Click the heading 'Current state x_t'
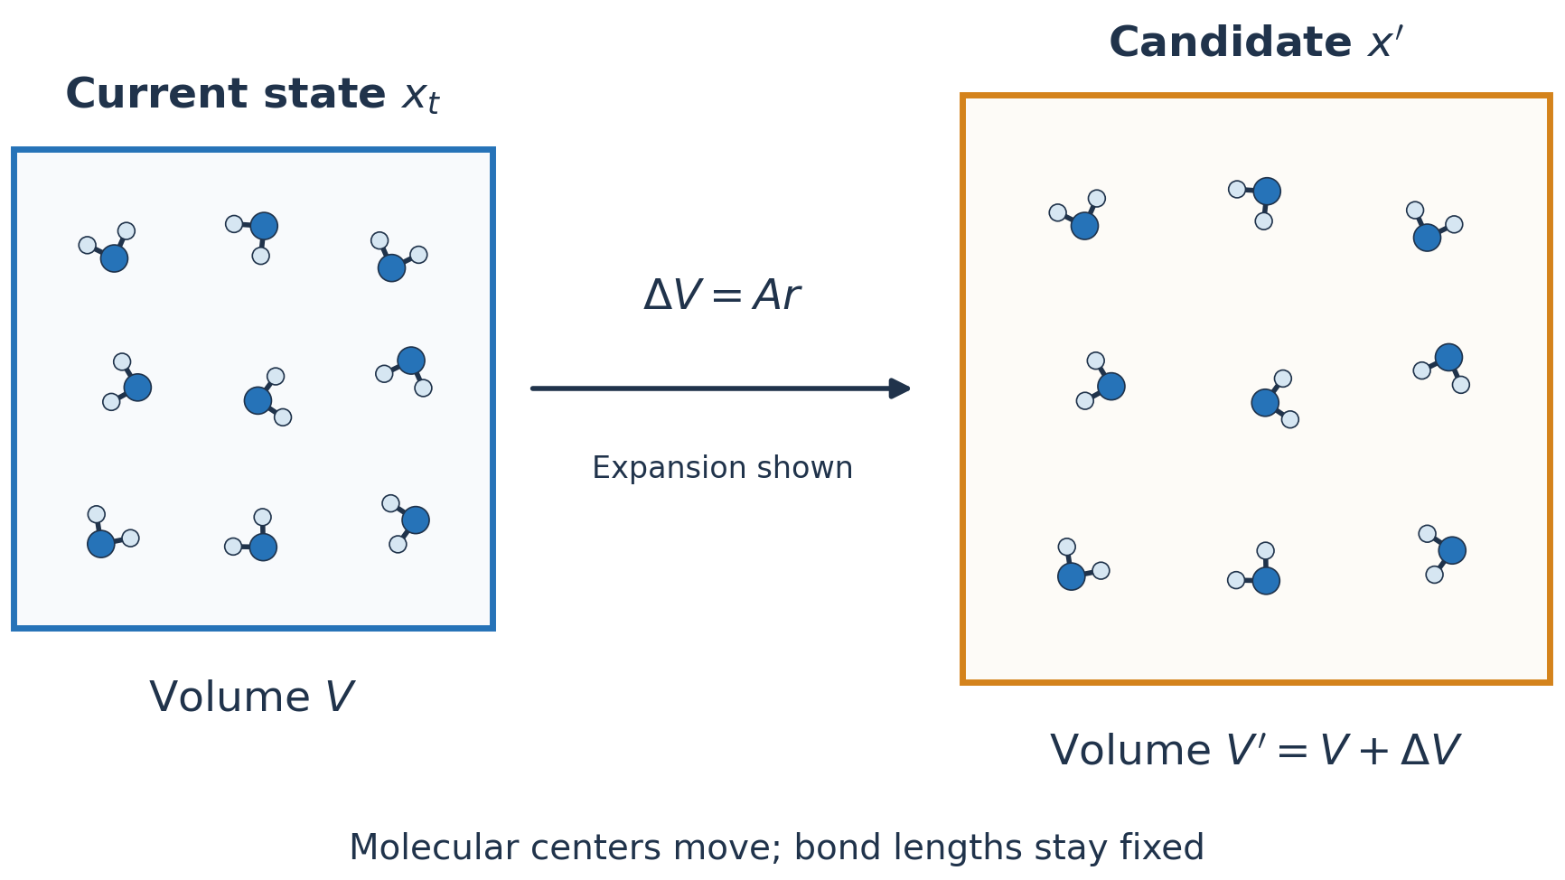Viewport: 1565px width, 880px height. (253, 96)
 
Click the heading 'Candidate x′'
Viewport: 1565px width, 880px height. (1256, 42)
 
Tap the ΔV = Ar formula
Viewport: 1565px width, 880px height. (722, 295)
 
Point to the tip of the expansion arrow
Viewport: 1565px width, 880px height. (911, 389)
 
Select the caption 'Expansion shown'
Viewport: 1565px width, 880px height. (722, 468)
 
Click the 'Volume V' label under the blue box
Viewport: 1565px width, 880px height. (252, 697)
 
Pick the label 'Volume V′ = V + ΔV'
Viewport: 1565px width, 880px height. (1256, 751)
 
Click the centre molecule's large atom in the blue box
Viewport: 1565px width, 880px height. (258, 400)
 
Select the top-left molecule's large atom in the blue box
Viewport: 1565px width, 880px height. (114, 258)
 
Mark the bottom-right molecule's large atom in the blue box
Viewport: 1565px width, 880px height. (416, 520)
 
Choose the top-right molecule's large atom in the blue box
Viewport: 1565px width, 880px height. (391, 267)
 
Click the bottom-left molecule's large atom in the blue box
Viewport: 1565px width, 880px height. (101, 544)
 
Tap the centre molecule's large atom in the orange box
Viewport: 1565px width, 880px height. (1265, 403)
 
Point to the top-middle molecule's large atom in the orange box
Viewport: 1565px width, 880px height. (1267, 192)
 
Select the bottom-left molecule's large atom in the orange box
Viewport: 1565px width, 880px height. (1072, 576)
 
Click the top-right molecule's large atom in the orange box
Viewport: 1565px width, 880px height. (1427, 238)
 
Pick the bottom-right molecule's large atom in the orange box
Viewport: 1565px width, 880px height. (1452, 550)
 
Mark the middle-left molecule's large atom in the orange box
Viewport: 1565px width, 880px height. (1111, 387)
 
